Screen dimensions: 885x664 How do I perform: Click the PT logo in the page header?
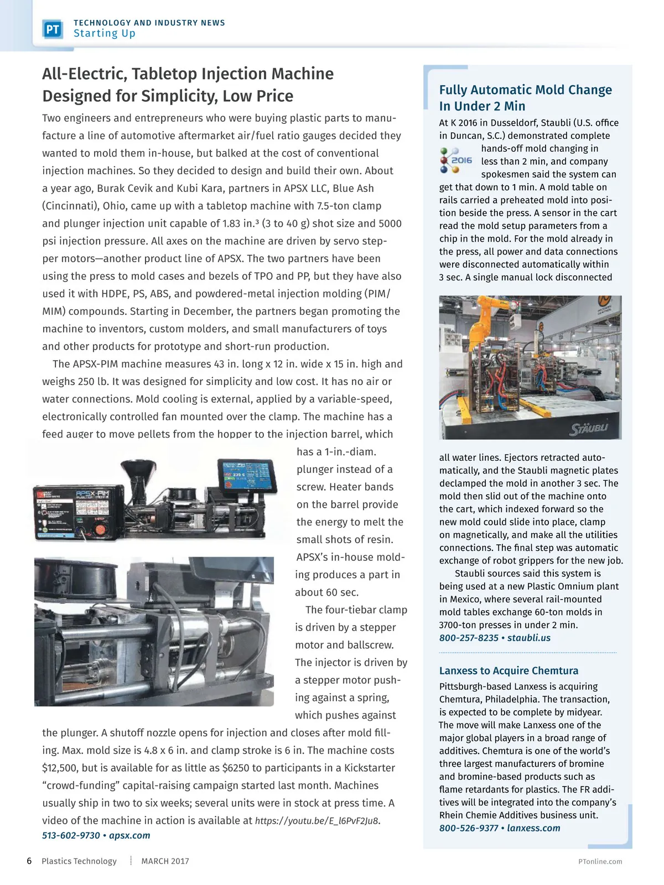53,29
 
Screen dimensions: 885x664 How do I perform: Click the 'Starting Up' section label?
105,34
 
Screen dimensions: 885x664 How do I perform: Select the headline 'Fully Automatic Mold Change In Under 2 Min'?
525,98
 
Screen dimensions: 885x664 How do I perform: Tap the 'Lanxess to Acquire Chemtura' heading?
509,670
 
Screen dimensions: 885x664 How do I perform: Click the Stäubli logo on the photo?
589,428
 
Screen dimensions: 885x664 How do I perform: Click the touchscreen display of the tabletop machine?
246,475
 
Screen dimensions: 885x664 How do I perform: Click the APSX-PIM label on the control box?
92,493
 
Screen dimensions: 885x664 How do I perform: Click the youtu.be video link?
317,821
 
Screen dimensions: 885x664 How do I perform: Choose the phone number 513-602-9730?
71,835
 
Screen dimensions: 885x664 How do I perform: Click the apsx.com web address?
129,835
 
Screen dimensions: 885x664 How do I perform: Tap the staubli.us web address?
529,638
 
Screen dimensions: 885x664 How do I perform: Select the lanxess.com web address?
533,828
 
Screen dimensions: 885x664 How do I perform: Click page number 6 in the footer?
29,861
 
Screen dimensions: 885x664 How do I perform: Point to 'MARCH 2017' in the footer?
165,861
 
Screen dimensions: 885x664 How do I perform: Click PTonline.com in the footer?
600,861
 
